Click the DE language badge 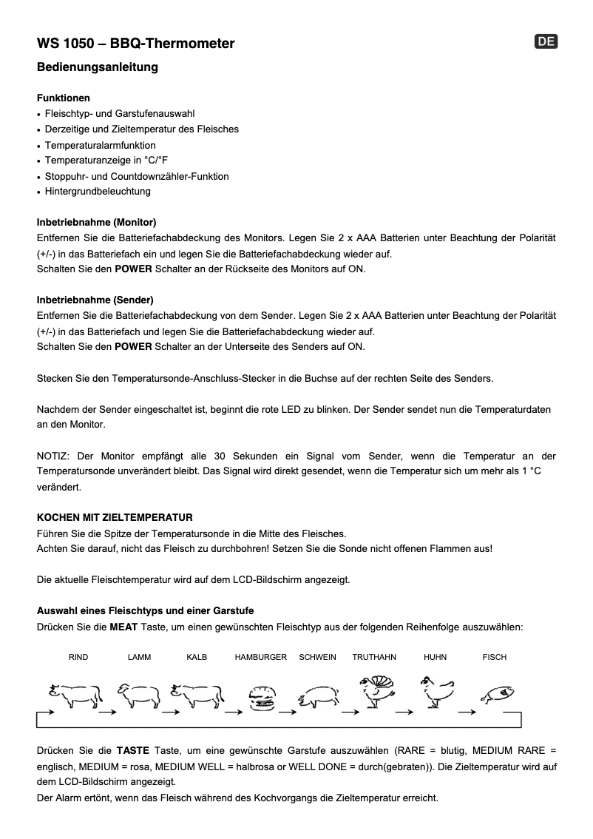[546, 42]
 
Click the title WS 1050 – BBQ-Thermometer [135, 44]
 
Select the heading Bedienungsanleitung [97, 67]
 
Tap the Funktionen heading [64, 98]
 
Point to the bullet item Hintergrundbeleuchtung [98, 192]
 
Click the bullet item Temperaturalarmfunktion [100, 145]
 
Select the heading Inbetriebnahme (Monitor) [96, 222]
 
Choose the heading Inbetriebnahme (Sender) [95, 300]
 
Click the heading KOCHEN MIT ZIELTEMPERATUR [115, 517]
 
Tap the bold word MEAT [123, 627]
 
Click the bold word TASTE [133, 751]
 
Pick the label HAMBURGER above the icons [260, 657]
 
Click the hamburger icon [260, 698]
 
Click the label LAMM [139, 657]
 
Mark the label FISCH [495, 657]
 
